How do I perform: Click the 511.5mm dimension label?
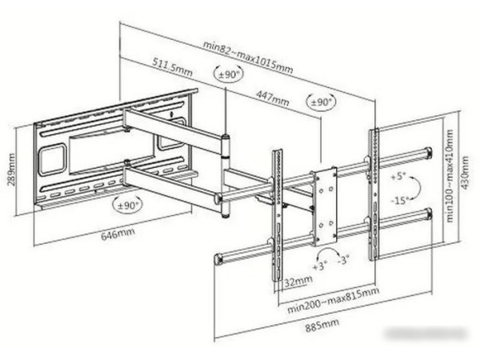click(173, 67)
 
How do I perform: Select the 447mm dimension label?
click(273, 98)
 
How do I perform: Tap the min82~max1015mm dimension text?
click(248, 58)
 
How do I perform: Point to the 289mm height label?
click(11, 169)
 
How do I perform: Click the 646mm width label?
click(118, 234)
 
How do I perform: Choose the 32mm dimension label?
click(298, 281)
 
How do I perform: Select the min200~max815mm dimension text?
click(333, 300)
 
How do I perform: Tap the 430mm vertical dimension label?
click(465, 173)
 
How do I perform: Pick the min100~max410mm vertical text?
click(450, 176)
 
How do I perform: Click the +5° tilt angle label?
click(398, 177)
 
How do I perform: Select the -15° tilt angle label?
click(399, 201)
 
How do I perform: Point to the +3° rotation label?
click(320, 266)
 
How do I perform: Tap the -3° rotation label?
click(343, 261)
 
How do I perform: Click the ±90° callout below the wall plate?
click(128, 205)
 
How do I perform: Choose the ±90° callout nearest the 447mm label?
click(321, 102)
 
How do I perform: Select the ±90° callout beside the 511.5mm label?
click(228, 74)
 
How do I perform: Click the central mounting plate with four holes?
click(325, 206)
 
